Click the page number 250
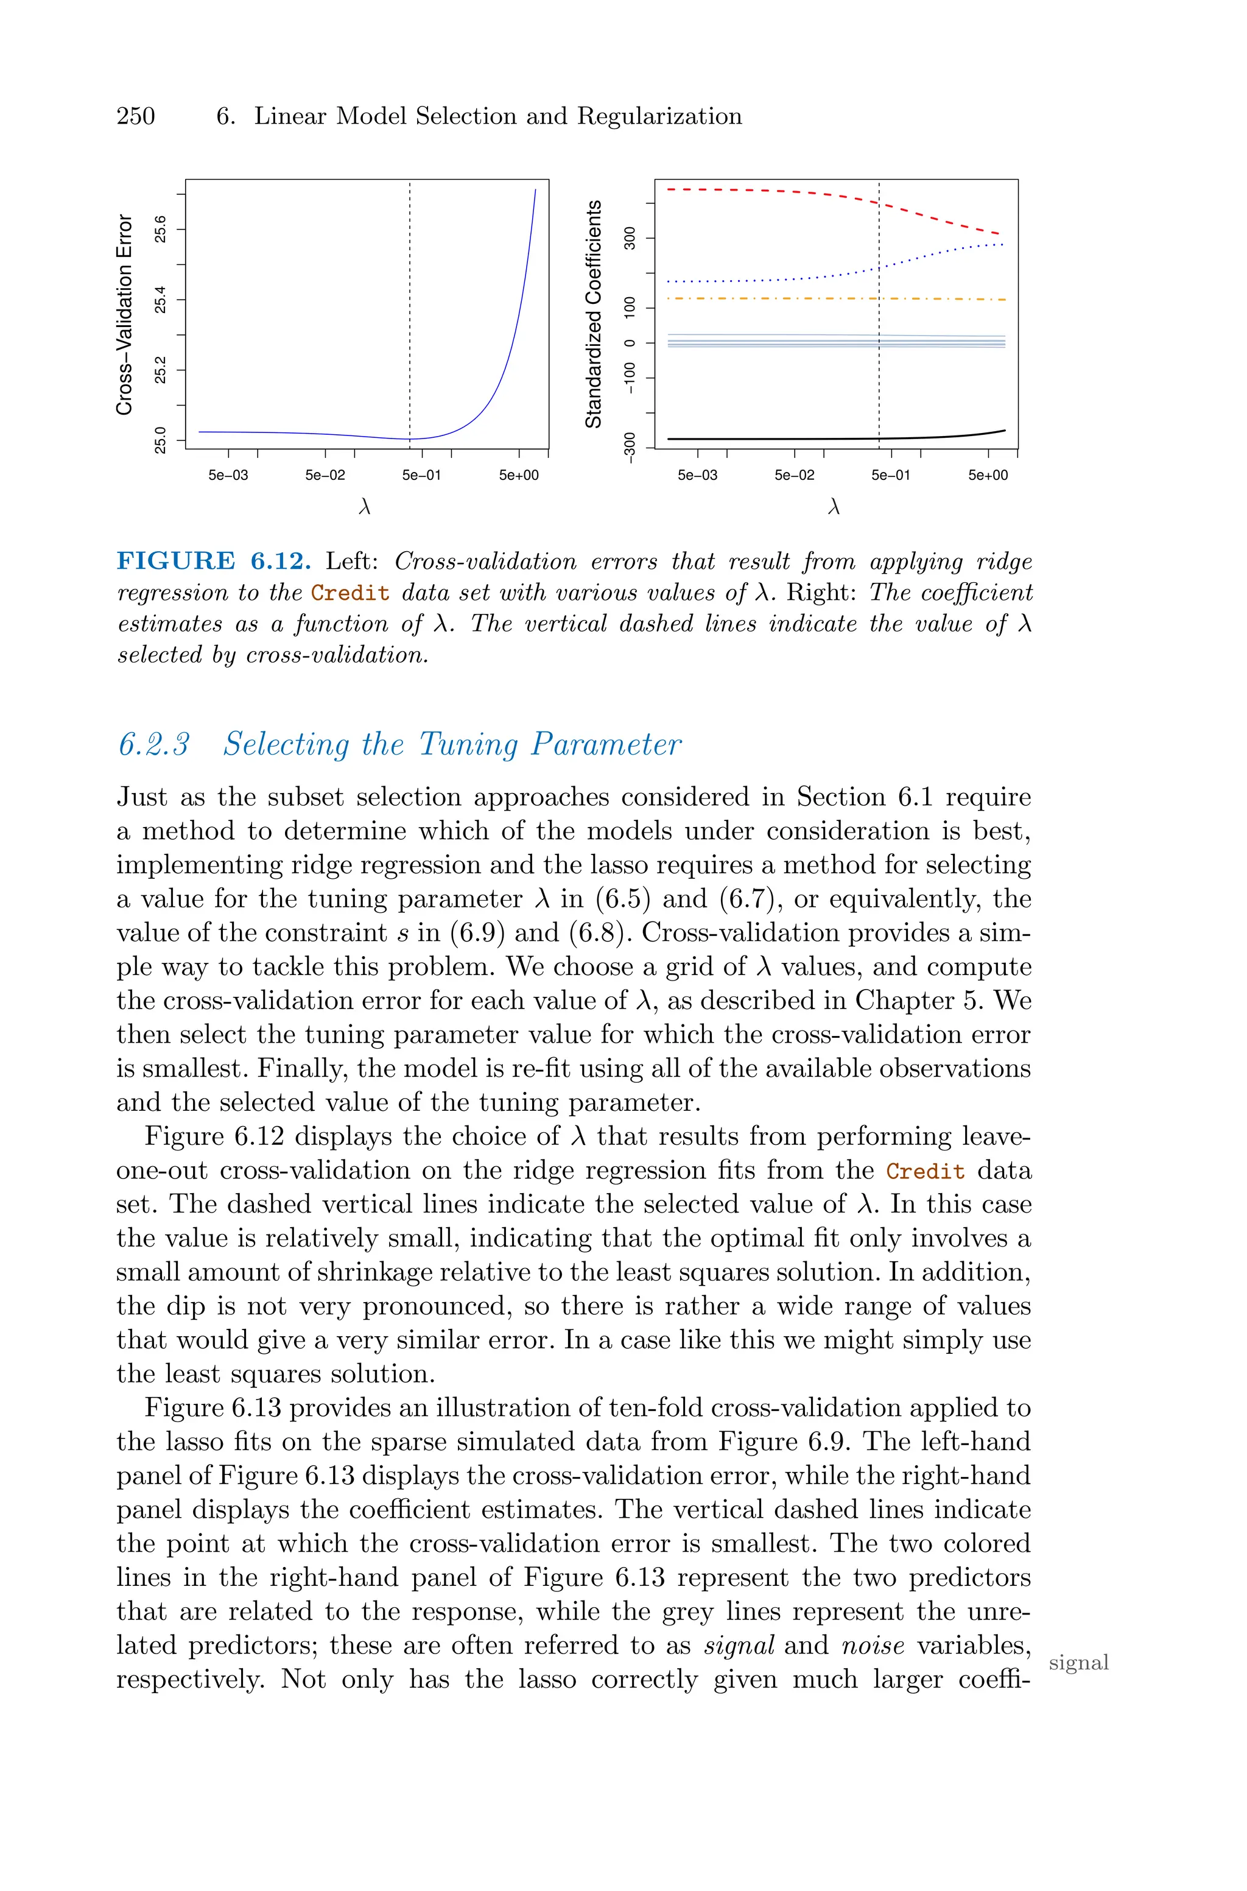136,117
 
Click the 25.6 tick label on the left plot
161,229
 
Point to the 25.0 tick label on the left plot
161,440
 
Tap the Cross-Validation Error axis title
124,314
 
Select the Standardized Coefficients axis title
593,314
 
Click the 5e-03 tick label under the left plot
228,476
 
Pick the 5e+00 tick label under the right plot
988,476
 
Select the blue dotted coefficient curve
756,281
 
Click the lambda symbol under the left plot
365,507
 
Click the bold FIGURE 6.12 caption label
213,562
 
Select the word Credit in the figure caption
350,593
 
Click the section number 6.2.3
154,744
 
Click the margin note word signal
1078,1663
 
